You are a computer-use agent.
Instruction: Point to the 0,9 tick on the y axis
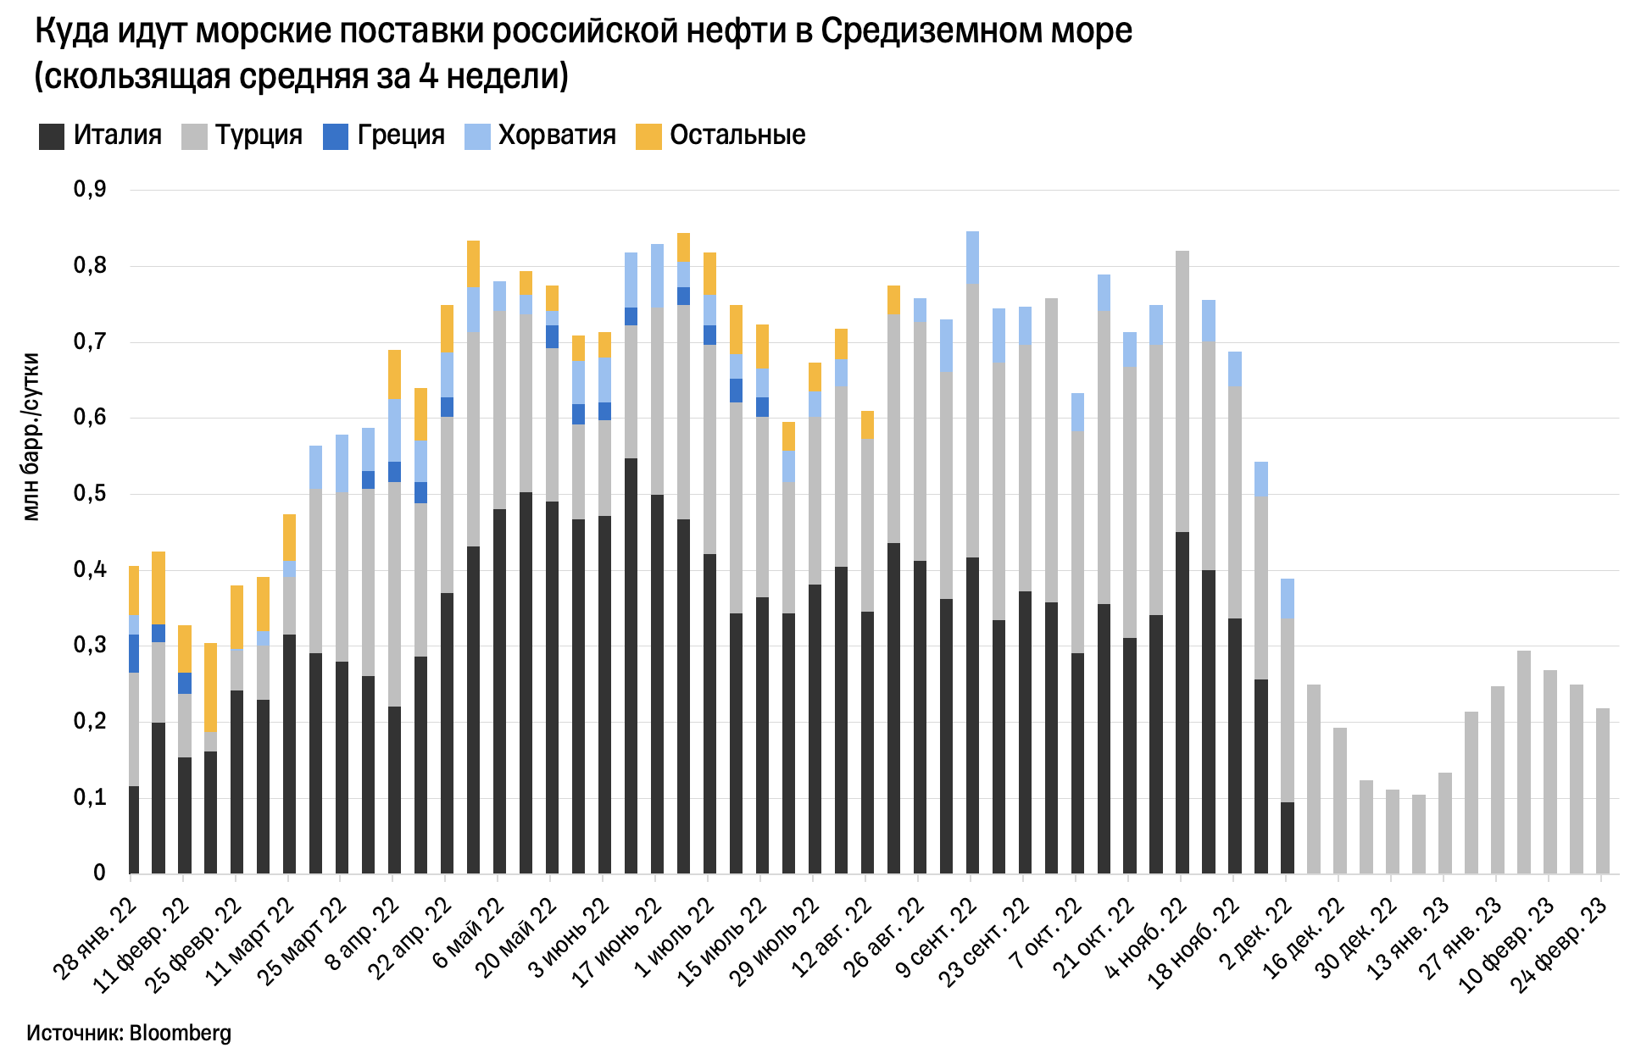pyautogui.click(x=90, y=190)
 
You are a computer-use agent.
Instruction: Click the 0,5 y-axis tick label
pyautogui.click(x=90, y=494)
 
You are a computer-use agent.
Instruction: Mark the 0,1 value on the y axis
pyautogui.click(x=90, y=798)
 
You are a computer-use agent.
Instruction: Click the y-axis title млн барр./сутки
pyautogui.click(x=31, y=436)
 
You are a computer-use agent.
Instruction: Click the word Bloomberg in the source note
pyautogui.click(x=180, y=1034)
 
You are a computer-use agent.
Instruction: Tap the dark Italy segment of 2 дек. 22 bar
pyautogui.click(x=1288, y=837)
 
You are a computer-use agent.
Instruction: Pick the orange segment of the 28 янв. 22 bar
pyautogui.click(x=134, y=590)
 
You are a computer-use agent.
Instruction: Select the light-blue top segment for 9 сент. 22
pyautogui.click(x=972, y=258)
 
